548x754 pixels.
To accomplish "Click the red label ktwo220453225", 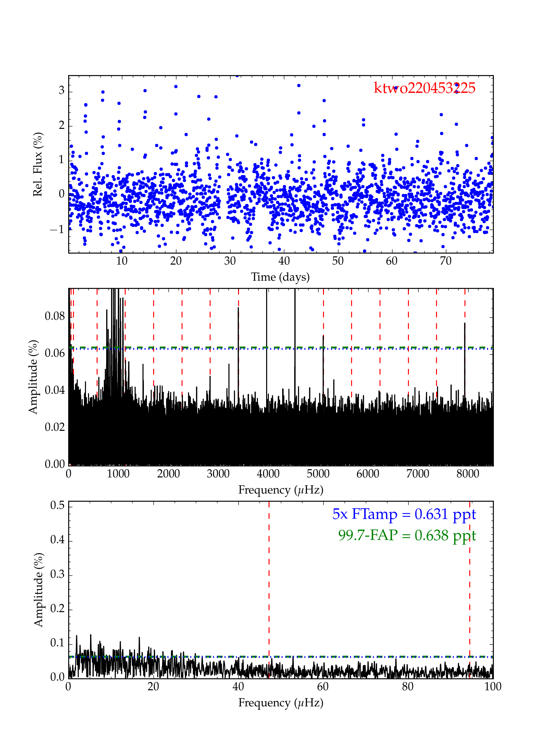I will pyautogui.click(x=424, y=88).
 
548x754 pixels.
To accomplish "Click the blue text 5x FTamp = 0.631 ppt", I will pyautogui.click(x=404, y=514).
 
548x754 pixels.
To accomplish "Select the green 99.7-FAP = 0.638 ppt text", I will pyautogui.click(x=407, y=535).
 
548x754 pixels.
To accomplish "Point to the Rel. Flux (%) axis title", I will pyautogui.click(x=38, y=164).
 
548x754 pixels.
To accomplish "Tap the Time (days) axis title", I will pyautogui.click(x=280, y=277).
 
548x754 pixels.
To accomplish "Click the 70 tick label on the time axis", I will pyautogui.click(x=446, y=261).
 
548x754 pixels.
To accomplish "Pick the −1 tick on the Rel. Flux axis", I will pyautogui.click(x=57, y=229).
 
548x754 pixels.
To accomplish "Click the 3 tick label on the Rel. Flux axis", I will pyautogui.click(x=61, y=90).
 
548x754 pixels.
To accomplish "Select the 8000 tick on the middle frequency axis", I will pyautogui.click(x=468, y=474).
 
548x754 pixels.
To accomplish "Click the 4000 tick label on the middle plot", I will pyautogui.click(x=268, y=474).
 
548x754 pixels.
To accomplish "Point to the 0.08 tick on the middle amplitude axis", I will pyautogui.click(x=55, y=316).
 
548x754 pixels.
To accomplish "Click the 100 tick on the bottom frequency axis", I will pyautogui.click(x=493, y=686).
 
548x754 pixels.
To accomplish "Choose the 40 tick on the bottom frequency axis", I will pyautogui.click(x=238, y=686).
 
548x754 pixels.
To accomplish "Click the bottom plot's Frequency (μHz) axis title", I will pyautogui.click(x=281, y=703).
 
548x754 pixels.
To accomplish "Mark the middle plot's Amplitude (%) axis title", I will pyautogui.click(x=33, y=377).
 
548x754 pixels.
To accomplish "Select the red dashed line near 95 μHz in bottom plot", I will pyautogui.click(x=470, y=583).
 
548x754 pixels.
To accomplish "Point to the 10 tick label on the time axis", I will pyautogui.click(x=122, y=261).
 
